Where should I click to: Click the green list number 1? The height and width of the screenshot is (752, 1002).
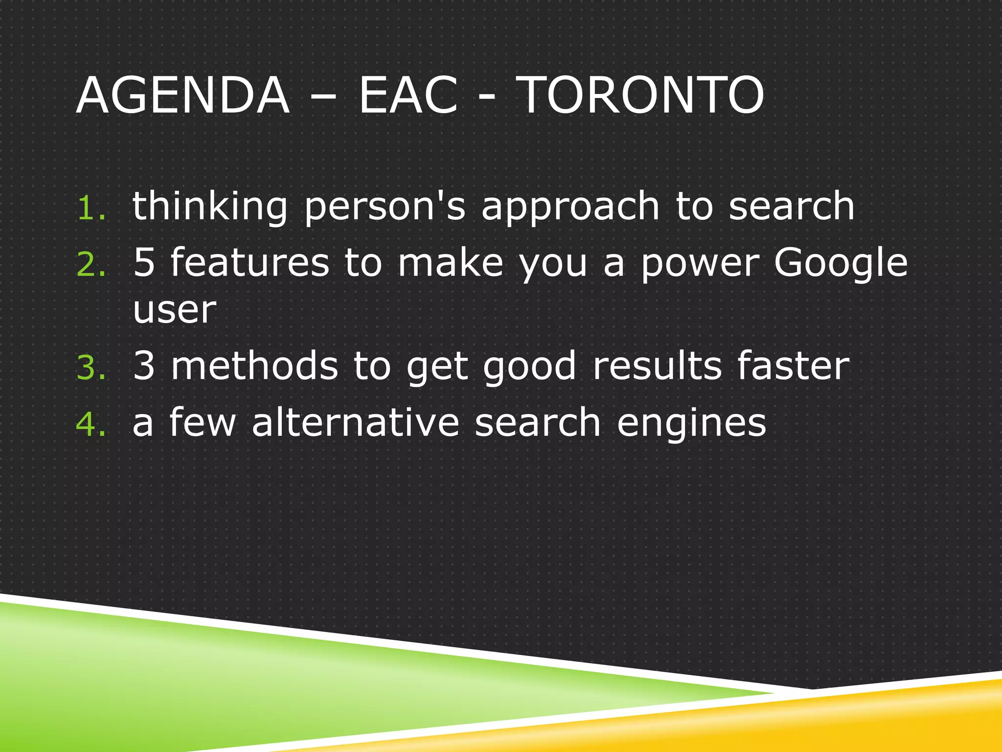pyautogui.click(x=91, y=209)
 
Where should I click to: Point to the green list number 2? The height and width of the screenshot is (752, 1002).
pyautogui.click(x=91, y=265)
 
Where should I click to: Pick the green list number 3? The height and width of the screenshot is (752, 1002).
pyautogui.click(x=91, y=368)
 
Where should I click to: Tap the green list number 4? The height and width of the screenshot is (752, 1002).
pyautogui.click(x=91, y=424)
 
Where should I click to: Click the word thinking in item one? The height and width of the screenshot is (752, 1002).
pyautogui.click(x=210, y=207)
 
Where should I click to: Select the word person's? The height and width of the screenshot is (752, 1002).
pyautogui.click(x=385, y=207)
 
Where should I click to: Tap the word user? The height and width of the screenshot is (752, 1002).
pyautogui.click(x=174, y=311)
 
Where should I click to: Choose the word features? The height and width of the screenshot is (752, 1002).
pyautogui.click(x=250, y=263)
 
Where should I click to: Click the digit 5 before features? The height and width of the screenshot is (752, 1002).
pyautogui.click(x=144, y=263)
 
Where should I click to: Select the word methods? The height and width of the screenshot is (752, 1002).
pyautogui.click(x=254, y=366)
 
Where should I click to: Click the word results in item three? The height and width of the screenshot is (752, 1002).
pyautogui.click(x=657, y=366)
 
